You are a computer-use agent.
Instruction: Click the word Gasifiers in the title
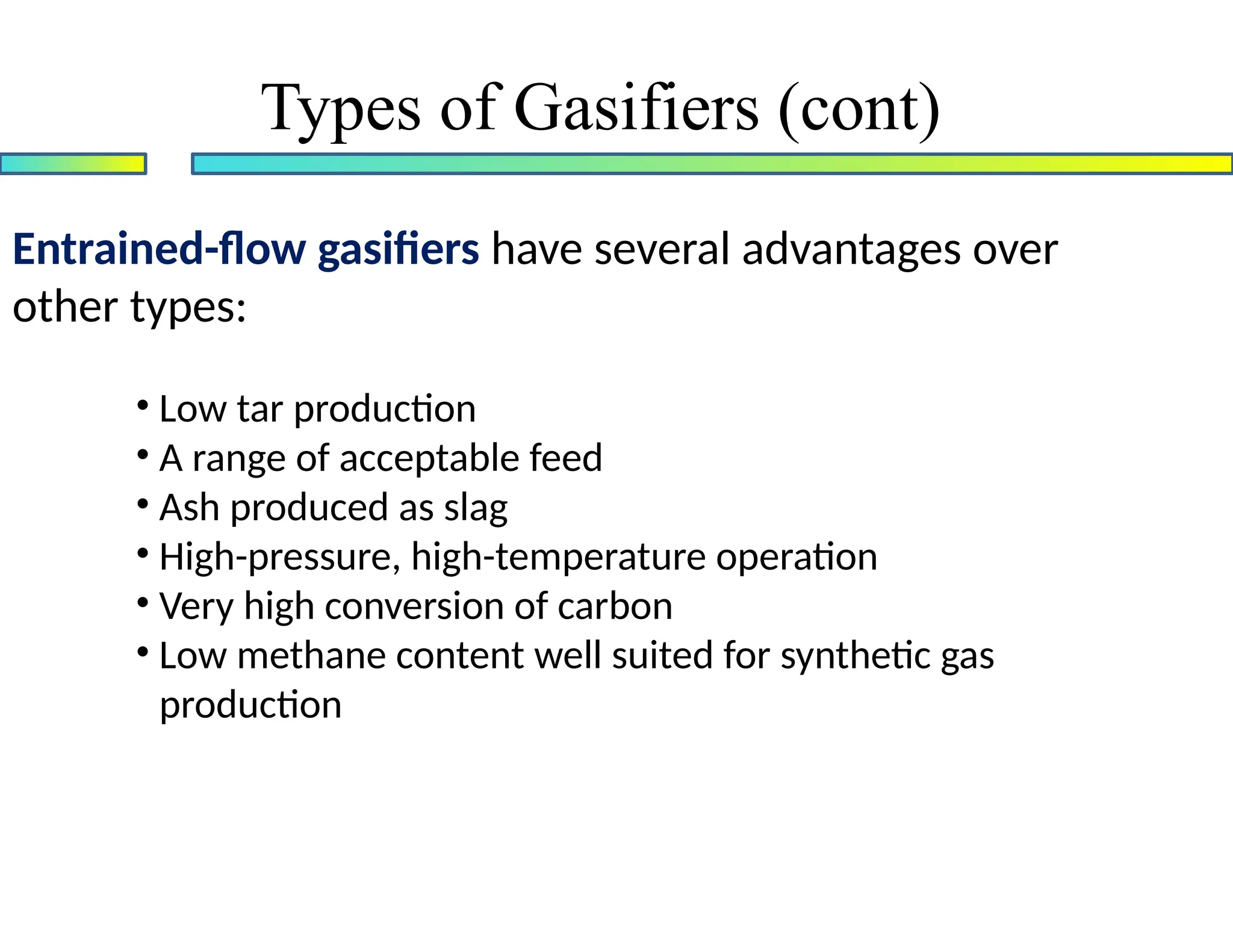point(636,108)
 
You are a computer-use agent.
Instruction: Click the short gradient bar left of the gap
point(73,164)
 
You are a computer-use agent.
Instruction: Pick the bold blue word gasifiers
point(399,250)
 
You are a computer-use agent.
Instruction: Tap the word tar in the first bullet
point(260,410)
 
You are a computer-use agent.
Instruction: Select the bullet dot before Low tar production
point(143,405)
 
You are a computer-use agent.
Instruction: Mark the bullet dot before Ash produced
point(143,503)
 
